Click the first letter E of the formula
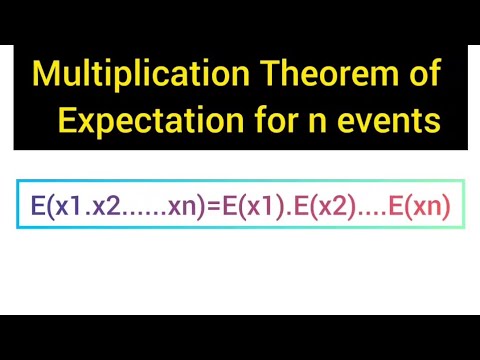click(37, 207)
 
